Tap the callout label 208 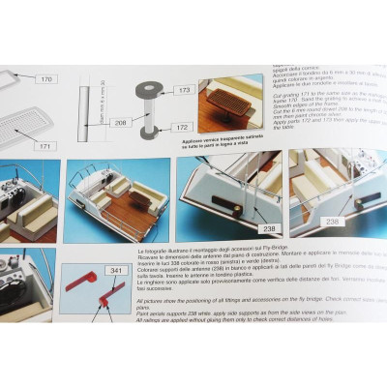(x=119, y=124)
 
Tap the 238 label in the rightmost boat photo (x=332, y=222)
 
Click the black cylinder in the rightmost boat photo (x=368, y=201)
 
